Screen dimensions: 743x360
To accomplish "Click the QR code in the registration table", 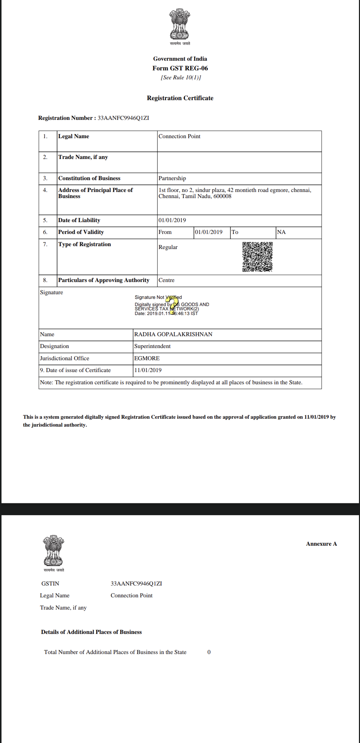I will (257, 257).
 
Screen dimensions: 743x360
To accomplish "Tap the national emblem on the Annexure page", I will (53, 551).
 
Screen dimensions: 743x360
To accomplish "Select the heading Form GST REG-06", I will (180, 68).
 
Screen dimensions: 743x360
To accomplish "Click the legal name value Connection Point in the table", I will (179, 136).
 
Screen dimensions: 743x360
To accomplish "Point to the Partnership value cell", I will (172, 178).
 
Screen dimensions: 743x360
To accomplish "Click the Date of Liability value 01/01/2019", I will (172, 220).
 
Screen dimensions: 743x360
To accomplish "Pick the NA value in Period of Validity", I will (281, 232).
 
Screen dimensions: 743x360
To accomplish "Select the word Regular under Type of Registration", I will (168, 247).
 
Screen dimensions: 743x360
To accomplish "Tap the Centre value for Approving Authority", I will (167, 280).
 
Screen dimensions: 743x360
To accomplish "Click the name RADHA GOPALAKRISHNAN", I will (173, 334).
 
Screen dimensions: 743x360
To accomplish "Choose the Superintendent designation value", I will (152, 346).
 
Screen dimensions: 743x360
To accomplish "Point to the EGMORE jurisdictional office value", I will (147, 358).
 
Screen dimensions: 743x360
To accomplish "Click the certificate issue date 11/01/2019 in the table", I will (148, 370).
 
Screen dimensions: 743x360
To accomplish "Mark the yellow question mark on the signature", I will (172, 305).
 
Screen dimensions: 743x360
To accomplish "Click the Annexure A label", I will (321, 544).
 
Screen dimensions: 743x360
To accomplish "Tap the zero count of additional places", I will (209, 652).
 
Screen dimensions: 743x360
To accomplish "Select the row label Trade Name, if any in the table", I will (83, 157).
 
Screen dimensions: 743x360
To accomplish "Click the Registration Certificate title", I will (180, 98).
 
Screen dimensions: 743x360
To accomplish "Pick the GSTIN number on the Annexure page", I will (136, 584).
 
